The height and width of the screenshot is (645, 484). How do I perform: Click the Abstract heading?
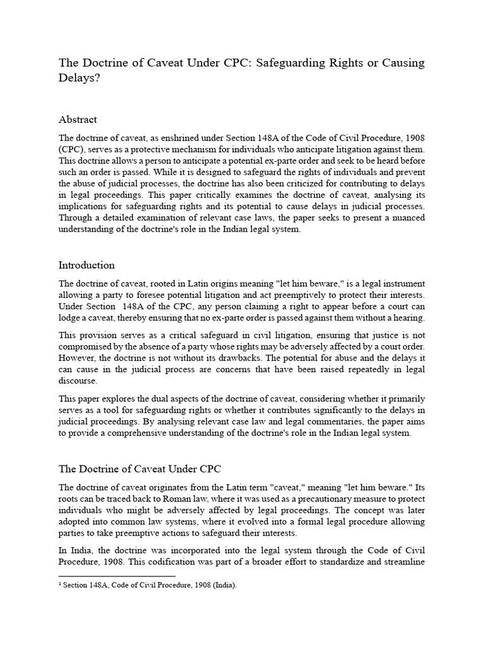tap(78, 119)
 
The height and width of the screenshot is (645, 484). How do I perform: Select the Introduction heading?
tap(86, 265)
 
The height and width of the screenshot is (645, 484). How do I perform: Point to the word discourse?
tap(78, 381)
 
